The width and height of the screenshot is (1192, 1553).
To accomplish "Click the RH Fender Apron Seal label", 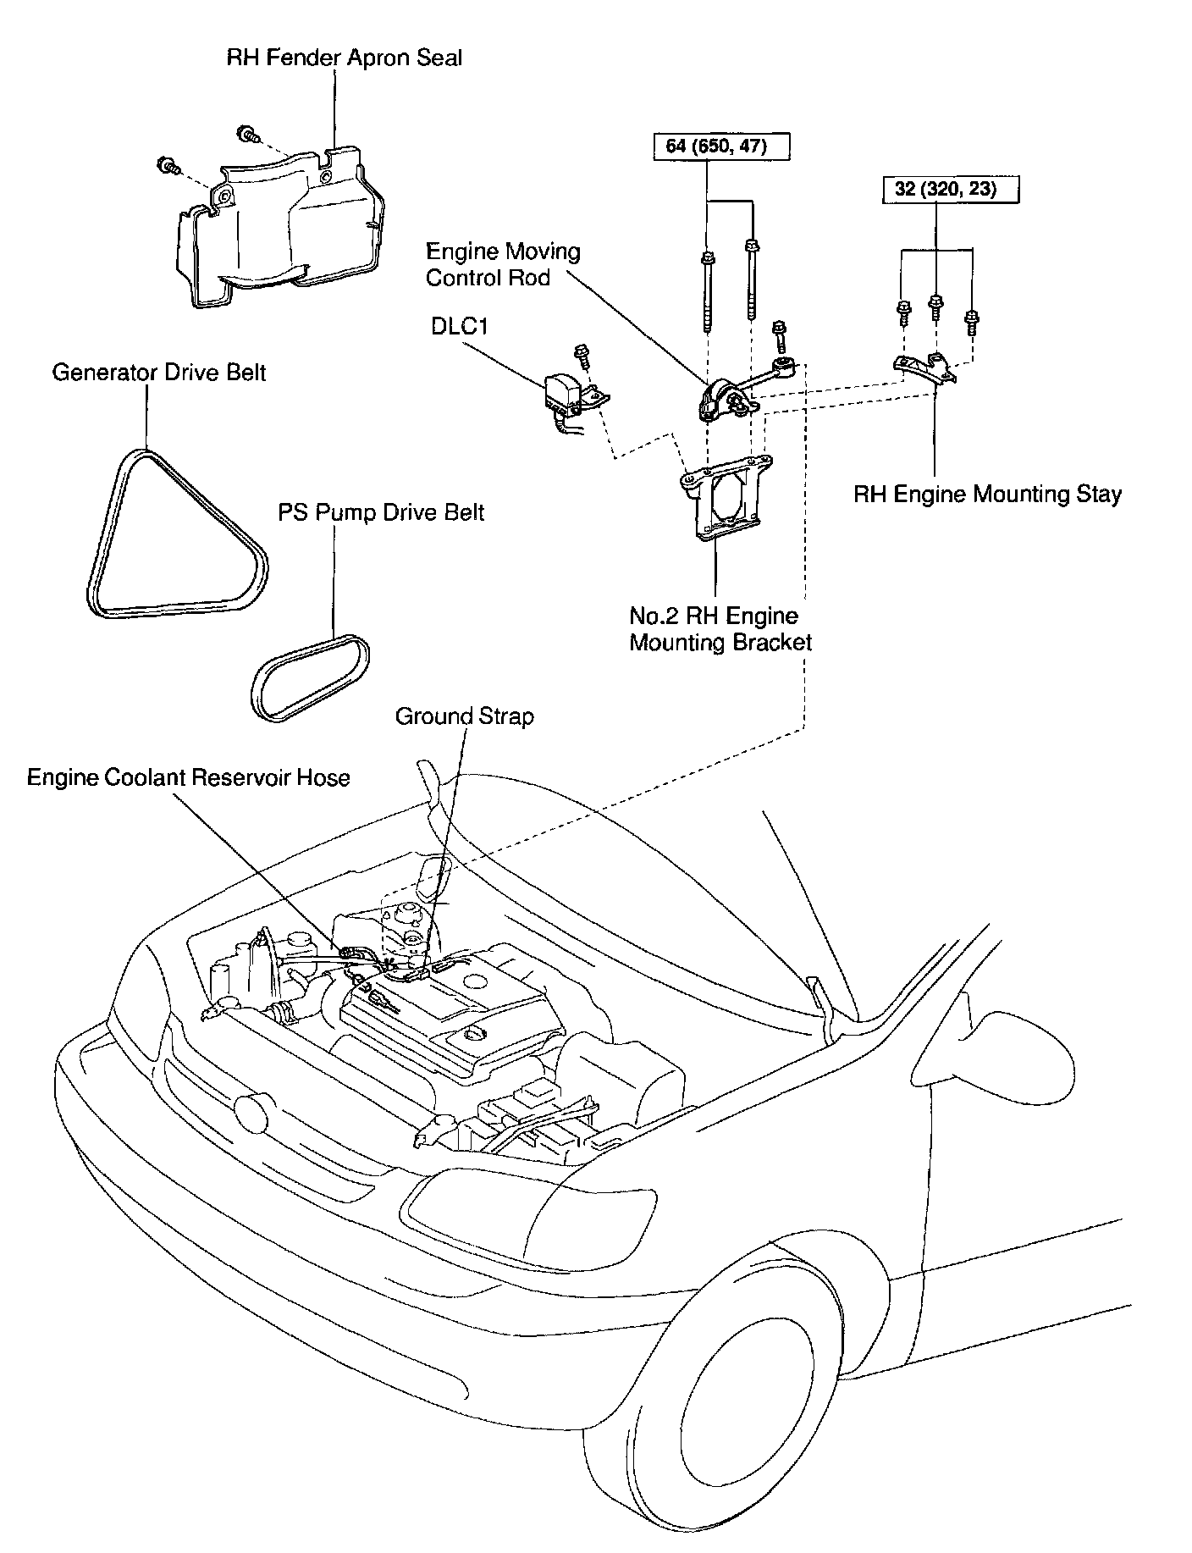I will [344, 58].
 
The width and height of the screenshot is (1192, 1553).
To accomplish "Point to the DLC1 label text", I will [460, 326].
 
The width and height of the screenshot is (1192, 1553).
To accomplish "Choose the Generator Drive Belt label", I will [159, 373].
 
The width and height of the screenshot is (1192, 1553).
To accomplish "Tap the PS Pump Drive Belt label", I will [381, 512].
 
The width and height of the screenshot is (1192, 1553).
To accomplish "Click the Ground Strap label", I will [465, 716].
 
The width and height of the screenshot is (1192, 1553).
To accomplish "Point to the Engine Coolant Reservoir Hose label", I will [188, 777].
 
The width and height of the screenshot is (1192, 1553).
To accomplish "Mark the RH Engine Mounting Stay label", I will [987, 494].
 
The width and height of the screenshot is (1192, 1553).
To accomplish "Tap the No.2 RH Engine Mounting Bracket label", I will [720, 628].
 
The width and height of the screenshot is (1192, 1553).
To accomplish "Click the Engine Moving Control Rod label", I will [503, 264].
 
